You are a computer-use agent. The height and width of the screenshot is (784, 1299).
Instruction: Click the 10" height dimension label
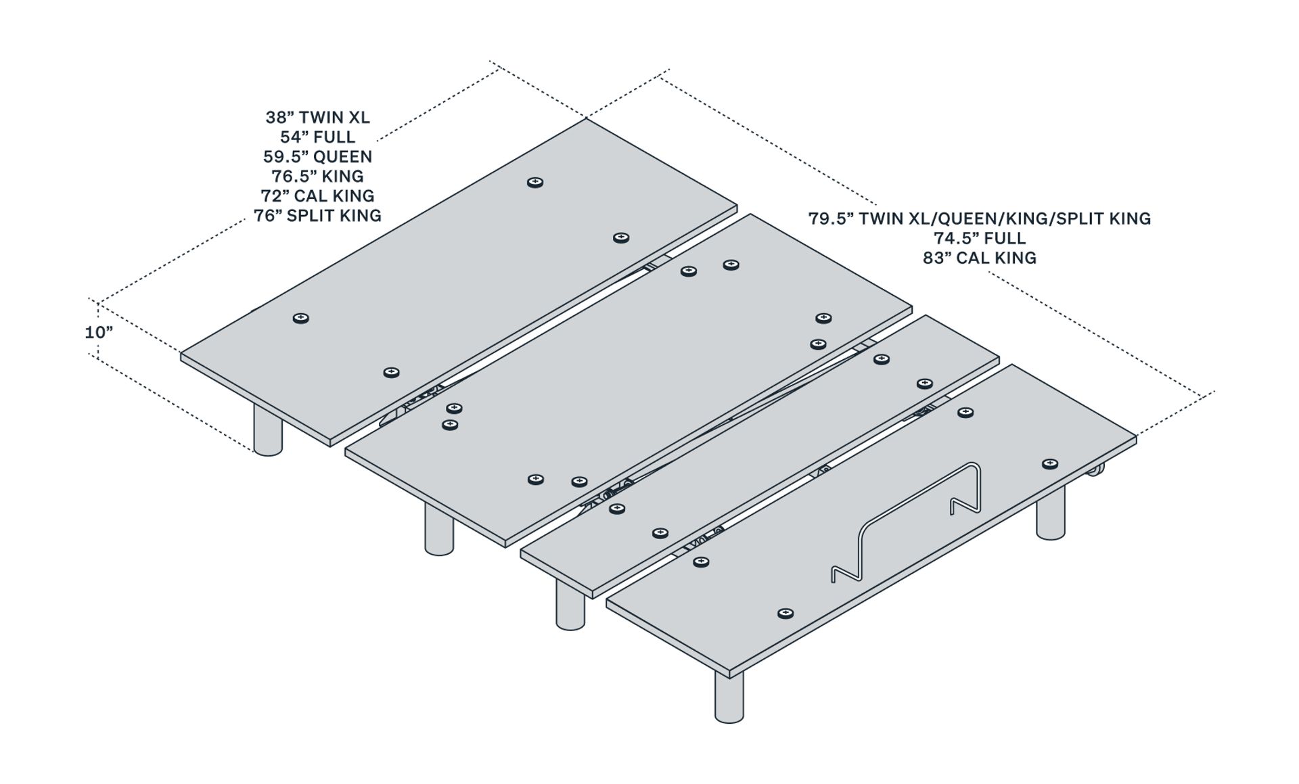click(x=99, y=333)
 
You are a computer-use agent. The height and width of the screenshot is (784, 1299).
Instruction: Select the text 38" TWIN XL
click(x=317, y=118)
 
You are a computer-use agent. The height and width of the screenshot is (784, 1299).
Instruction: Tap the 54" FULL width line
click(x=317, y=137)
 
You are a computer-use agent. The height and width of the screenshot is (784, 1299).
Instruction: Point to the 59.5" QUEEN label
click(x=317, y=157)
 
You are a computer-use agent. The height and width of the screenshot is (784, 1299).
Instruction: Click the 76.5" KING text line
click(x=317, y=177)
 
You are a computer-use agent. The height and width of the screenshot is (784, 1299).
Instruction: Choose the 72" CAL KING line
click(x=317, y=196)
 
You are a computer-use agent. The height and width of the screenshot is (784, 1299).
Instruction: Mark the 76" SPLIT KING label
click(x=317, y=216)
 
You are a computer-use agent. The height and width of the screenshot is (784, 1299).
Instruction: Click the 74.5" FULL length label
click(x=980, y=238)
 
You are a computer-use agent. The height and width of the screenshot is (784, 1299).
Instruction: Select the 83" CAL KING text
click(x=980, y=258)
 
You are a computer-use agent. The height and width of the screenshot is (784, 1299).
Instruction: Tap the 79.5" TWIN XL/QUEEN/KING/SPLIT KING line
click(x=980, y=218)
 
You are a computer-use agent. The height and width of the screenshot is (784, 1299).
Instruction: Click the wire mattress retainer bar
click(x=907, y=521)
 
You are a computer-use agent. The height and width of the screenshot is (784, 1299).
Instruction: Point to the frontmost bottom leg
click(x=729, y=697)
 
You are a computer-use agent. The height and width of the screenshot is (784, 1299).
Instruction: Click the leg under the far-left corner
click(x=267, y=430)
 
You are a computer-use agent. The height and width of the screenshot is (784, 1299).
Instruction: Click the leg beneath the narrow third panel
click(x=570, y=605)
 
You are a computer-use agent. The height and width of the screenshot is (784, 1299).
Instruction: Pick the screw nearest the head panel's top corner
click(x=535, y=183)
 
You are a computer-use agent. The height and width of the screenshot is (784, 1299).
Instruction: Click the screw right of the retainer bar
click(x=1050, y=464)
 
